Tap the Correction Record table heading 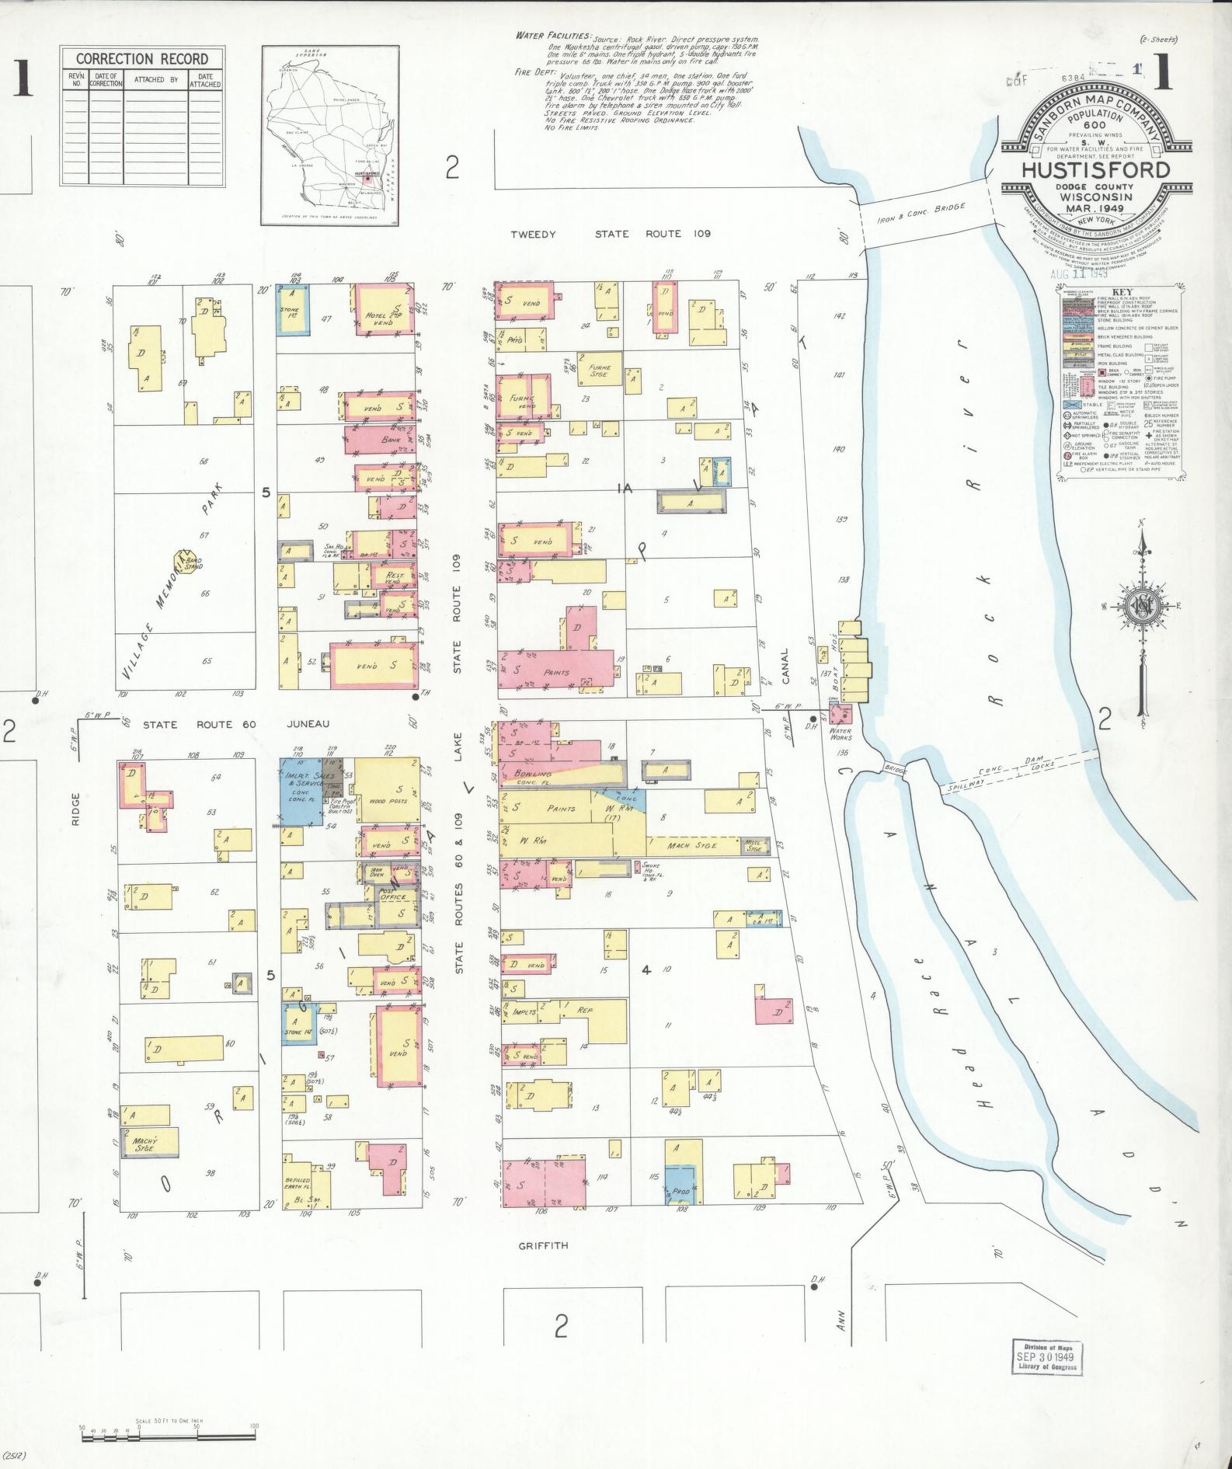(x=141, y=59)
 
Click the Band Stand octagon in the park (x=186, y=564)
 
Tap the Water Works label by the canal (x=840, y=735)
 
